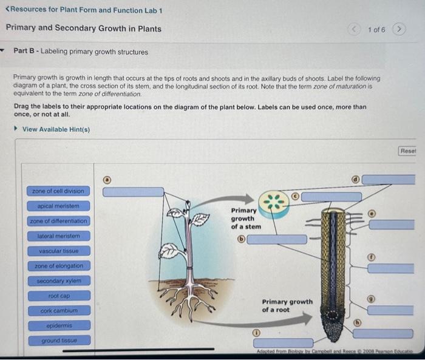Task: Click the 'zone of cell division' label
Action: point(58,191)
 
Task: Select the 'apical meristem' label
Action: point(58,206)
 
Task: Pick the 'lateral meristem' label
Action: point(59,236)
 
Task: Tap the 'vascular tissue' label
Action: point(59,251)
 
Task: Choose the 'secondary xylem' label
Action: point(59,281)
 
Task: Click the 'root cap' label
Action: point(59,296)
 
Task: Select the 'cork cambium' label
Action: point(59,311)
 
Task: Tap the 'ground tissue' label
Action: point(59,341)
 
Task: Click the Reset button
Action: point(407,151)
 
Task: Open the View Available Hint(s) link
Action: point(56,129)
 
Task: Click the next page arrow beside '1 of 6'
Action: point(399,29)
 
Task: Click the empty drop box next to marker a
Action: point(134,192)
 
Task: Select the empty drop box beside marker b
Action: point(277,239)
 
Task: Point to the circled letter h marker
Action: point(358,323)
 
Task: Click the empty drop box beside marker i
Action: point(284,342)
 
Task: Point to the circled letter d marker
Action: point(356,180)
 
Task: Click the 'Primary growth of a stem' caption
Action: point(246,219)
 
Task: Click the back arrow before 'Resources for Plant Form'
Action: point(7,9)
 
